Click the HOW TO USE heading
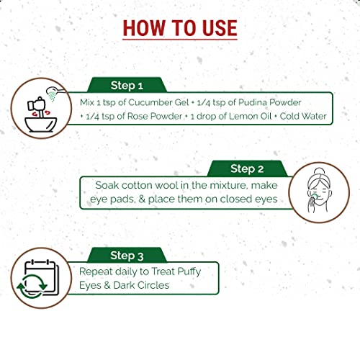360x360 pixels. click(180, 28)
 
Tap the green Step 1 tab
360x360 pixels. click(127, 85)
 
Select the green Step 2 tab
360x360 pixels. click(247, 168)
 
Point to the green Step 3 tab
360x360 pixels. click(127, 255)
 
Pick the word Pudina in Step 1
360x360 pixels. click(253, 102)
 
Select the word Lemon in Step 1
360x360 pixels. click(242, 116)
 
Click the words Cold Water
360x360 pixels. click(303, 116)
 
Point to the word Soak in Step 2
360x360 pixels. click(107, 185)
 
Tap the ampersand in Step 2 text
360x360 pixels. click(142, 199)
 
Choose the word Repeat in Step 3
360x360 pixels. click(96, 271)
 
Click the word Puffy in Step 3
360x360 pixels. click(189, 271)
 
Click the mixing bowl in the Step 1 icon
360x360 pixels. click(41, 125)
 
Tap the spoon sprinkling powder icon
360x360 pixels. click(55, 94)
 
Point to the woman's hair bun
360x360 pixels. click(319, 171)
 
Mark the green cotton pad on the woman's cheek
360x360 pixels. click(315, 197)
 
